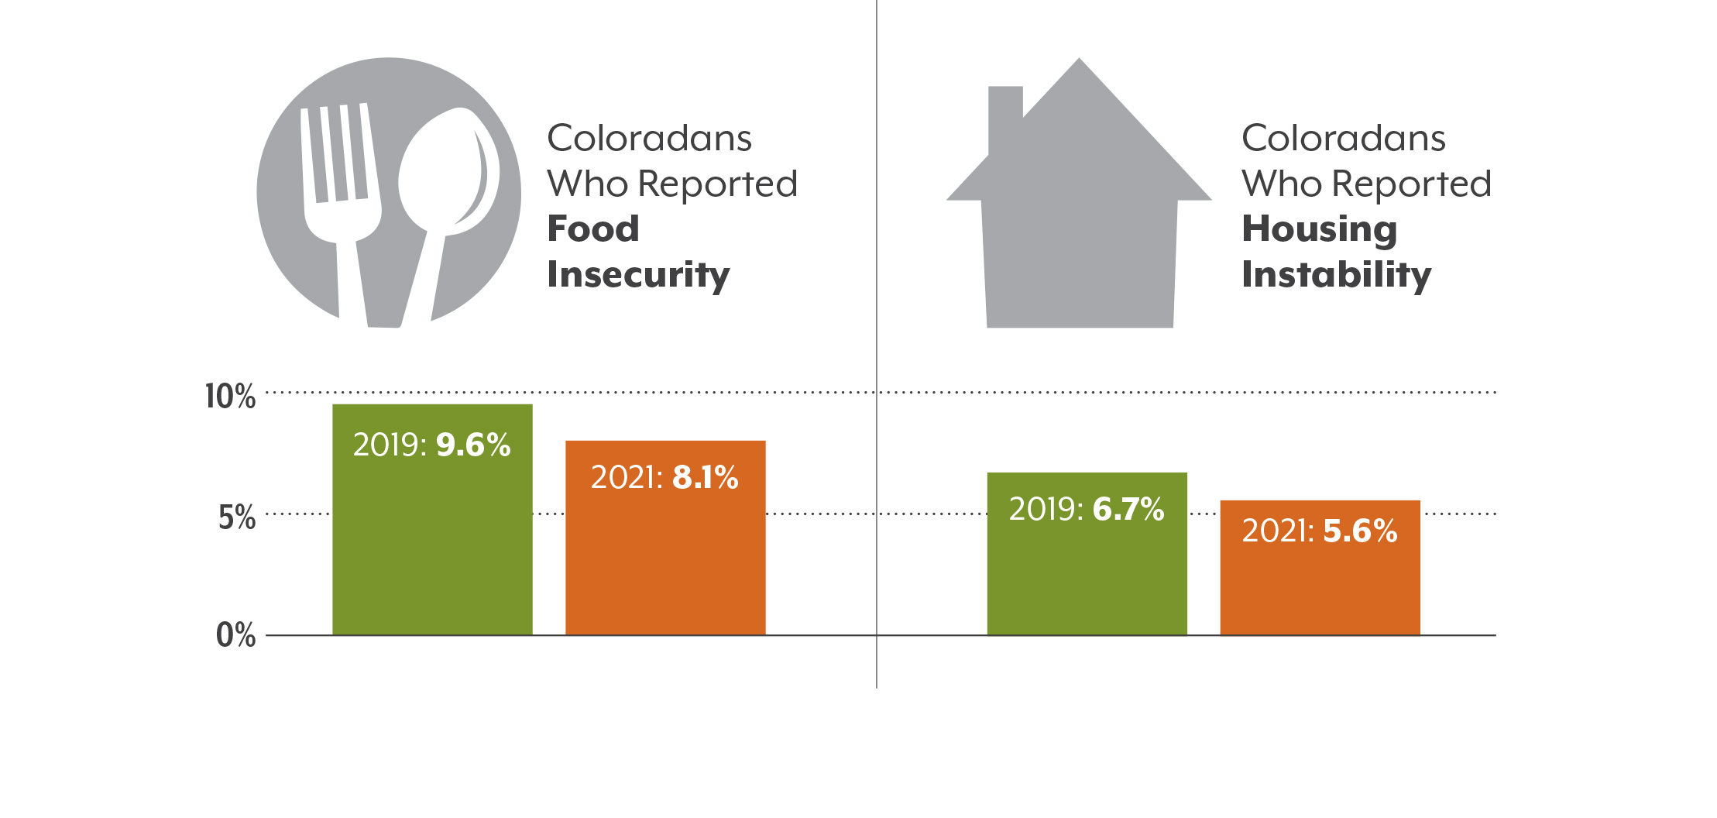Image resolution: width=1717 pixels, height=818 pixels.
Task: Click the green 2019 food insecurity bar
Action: point(432,542)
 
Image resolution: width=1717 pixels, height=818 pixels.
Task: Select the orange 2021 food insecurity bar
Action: point(665,558)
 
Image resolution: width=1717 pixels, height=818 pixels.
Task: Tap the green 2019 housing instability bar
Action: point(1087,573)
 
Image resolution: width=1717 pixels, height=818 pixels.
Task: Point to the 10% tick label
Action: point(230,397)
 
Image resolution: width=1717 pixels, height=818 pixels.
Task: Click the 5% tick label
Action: point(236,517)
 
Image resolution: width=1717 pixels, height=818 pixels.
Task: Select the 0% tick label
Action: point(235,635)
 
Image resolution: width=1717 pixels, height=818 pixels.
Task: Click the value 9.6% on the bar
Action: point(473,445)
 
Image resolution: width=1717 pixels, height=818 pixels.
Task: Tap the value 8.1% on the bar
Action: point(705,477)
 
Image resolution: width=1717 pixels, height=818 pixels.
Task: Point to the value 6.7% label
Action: point(1128,509)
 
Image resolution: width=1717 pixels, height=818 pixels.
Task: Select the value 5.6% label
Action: point(1360,531)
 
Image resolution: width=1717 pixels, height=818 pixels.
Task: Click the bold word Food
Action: point(593,229)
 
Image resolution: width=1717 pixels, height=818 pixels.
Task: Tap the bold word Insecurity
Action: point(638,275)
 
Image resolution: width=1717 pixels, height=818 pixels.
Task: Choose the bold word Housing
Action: point(1320,229)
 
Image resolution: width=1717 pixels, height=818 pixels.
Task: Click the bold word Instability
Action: point(1337,275)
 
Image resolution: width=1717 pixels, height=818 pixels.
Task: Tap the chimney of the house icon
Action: point(1005,116)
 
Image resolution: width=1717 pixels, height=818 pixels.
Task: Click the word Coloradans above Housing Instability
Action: point(1344,139)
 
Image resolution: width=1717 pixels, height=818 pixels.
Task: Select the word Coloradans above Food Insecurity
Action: point(649,139)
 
